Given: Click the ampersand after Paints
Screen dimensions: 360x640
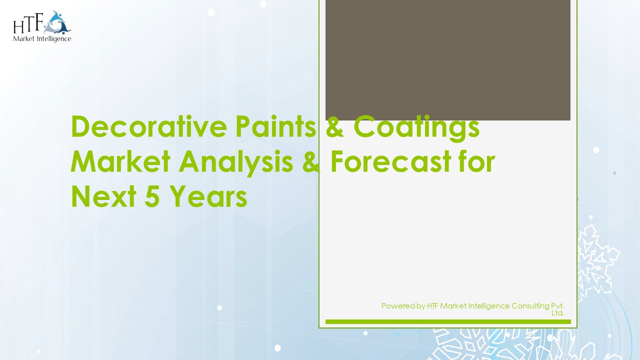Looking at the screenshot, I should pos(335,127).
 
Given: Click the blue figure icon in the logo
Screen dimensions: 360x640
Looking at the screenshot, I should pos(58,22).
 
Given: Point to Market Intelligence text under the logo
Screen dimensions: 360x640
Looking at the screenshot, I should pos(42,38).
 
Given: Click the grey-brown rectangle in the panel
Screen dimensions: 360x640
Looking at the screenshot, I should pos(447,60).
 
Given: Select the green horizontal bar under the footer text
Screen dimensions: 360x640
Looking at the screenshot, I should pos(447,321).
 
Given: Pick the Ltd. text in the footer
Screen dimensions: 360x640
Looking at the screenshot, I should pos(558,313).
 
